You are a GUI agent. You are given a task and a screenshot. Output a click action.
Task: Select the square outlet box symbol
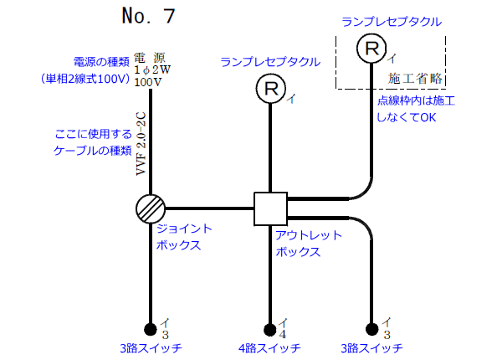pos(270,208)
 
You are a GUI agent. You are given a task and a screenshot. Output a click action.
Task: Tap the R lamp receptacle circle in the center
pos(270,87)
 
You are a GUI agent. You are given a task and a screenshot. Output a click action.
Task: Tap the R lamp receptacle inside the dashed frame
pos(371,48)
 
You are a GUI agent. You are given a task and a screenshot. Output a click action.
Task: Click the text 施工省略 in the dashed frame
pos(416,79)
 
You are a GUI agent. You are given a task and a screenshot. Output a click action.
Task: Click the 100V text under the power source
pos(147,83)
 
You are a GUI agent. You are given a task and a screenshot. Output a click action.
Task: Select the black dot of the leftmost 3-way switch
pos(151,328)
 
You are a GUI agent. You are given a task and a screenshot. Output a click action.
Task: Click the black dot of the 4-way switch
pos(270,329)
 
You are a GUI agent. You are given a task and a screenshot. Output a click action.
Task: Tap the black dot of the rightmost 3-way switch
pos(371,329)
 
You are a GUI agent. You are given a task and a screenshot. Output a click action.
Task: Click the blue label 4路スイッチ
pos(269,348)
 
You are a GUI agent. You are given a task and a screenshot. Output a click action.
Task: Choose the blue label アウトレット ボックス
pos(308,243)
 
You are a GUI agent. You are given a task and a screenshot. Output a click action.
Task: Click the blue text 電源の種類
pos(101,62)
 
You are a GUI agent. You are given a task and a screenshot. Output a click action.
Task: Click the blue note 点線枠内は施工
pos(415,100)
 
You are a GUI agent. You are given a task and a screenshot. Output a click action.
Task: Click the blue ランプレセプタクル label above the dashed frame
pos(392,19)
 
